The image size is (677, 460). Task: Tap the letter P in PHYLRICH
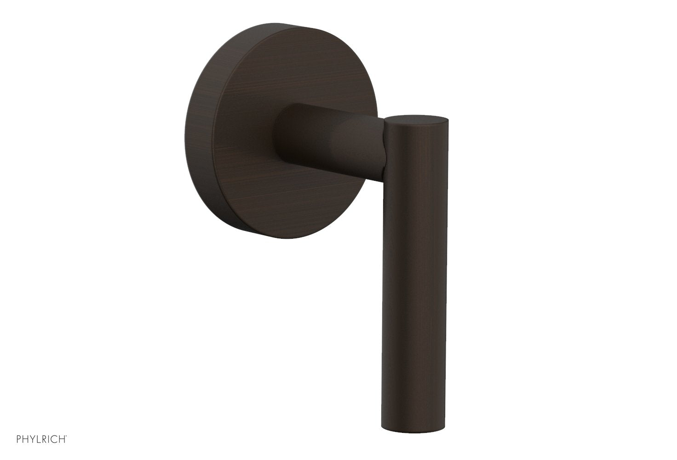18,439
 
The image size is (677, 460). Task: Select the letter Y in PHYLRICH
33,439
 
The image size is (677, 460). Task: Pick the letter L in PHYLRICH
39,439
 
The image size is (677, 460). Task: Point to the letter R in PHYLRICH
44,439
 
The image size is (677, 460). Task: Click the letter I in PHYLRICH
48,439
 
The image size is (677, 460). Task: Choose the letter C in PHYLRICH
54,439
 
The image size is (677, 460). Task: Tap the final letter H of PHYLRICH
62,439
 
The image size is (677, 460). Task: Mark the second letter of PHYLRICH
25,439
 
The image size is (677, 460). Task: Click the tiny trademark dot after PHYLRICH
66,436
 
